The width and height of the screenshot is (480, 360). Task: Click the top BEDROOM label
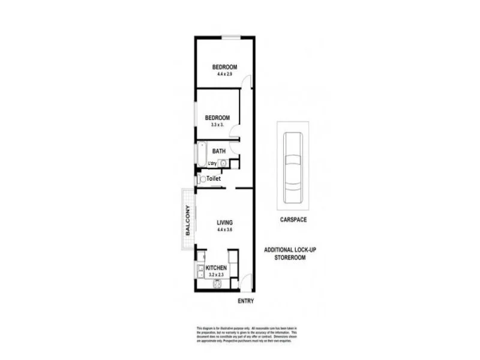[225, 67]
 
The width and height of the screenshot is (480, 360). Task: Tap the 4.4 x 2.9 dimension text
[225, 74]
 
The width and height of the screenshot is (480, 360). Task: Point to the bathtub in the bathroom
[202, 155]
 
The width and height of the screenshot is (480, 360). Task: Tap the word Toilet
[214, 179]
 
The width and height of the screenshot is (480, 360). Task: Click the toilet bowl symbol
[203, 179]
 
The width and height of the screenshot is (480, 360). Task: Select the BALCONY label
[188, 220]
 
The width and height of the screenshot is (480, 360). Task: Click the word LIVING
[225, 223]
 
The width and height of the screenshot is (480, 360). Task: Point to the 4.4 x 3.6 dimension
[225, 230]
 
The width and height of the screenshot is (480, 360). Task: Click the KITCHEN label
[216, 268]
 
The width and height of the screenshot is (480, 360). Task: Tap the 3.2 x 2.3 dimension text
[216, 275]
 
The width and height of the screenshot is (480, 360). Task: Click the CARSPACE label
[293, 220]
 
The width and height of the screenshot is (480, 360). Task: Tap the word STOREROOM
[294, 257]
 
